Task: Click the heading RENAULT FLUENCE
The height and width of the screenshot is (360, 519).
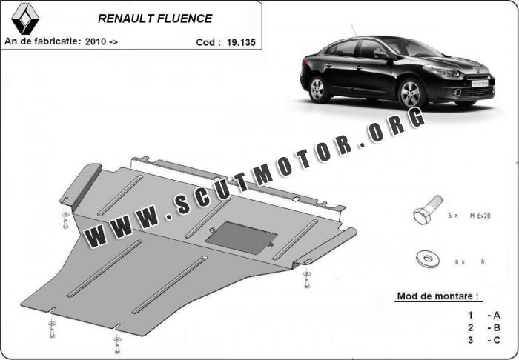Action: [x=155, y=18]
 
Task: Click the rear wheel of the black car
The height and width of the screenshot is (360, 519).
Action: [x=319, y=89]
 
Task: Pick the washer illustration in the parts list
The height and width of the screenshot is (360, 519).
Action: [x=426, y=259]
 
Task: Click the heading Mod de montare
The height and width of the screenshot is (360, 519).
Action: [x=437, y=296]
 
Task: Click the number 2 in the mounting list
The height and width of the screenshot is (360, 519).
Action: [x=470, y=327]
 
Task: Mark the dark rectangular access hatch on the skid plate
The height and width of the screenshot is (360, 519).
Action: [x=237, y=239]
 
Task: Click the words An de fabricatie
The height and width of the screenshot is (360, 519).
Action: [x=39, y=42]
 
